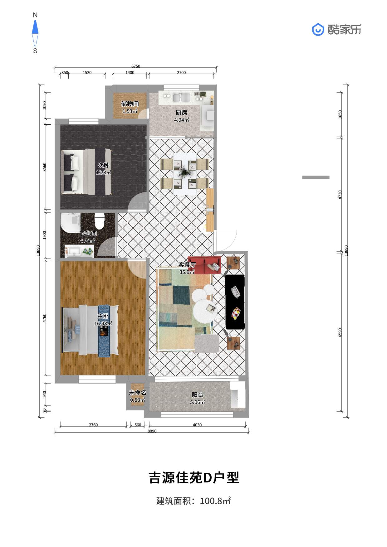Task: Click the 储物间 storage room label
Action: tap(130, 104)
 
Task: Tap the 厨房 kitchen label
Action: tap(181, 112)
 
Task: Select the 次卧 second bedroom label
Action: tap(103, 165)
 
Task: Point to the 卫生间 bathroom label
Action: tap(88, 233)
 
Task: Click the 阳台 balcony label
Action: tap(197, 395)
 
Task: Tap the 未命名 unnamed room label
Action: tap(138, 393)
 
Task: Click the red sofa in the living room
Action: tap(204, 265)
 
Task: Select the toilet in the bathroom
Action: tap(99, 221)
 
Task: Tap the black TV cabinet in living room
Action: tap(235, 302)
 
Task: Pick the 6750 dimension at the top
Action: tap(136, 66)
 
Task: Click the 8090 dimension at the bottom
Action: tap(152, 431)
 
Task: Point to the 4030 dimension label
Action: tap(197, 425)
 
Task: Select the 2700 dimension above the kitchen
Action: tap(181, 72)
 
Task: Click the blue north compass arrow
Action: tap(35, 27)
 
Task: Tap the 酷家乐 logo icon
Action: tap(318, 30)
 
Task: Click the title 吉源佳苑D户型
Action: tap(194, 477)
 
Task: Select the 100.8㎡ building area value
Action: tap(215, 501)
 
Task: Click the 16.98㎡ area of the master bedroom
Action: tap(103, 323)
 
